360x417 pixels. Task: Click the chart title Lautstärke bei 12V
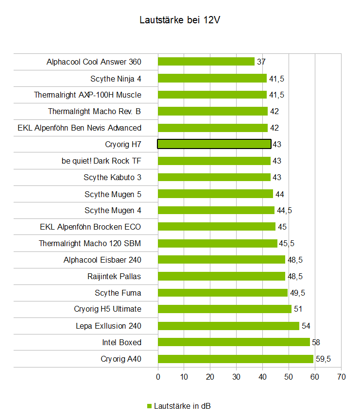180,20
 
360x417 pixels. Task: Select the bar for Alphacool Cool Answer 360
206,62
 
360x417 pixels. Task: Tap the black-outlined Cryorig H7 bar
214,144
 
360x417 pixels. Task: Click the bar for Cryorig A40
236,359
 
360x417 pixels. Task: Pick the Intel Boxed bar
234,342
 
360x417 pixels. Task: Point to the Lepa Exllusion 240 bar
228,326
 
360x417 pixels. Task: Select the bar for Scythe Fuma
223,293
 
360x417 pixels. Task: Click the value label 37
261,62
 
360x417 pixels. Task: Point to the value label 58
316,342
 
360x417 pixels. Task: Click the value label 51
298,309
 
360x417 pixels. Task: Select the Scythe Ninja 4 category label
116,78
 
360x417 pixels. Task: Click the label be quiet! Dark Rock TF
102,161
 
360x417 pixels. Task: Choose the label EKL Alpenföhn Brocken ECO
90,227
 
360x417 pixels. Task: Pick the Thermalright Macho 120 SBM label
90,243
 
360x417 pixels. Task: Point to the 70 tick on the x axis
341,376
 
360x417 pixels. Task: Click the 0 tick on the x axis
158,376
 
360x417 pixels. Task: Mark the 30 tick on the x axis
237,376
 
